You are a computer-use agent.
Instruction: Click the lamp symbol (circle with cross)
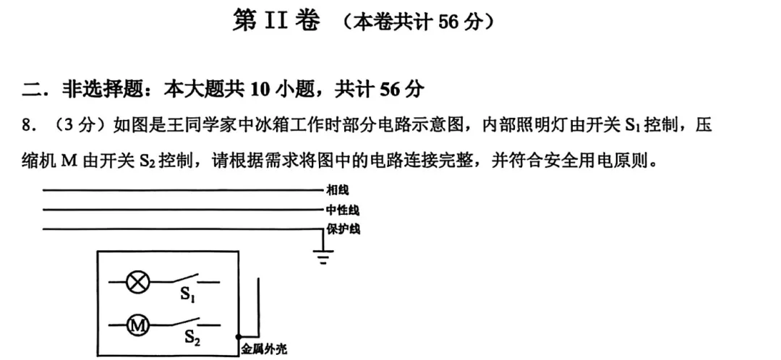coord(137,283)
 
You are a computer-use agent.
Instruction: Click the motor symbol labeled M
coord(137,326)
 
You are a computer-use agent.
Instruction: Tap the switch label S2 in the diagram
coord(192,338)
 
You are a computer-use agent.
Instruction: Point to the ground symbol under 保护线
coord(323,253)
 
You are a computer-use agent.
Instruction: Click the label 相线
coord(338,190)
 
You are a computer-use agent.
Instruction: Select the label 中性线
coord(343,210)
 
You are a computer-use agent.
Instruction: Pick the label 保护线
coord(343,230)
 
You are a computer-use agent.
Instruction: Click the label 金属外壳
coord(264,349)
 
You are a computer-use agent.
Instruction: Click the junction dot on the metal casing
coord(239,337)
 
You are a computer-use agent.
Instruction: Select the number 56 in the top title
coord(448,22)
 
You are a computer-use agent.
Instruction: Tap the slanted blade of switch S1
coord(184,278)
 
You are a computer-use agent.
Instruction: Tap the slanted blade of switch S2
coord(184,322)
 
